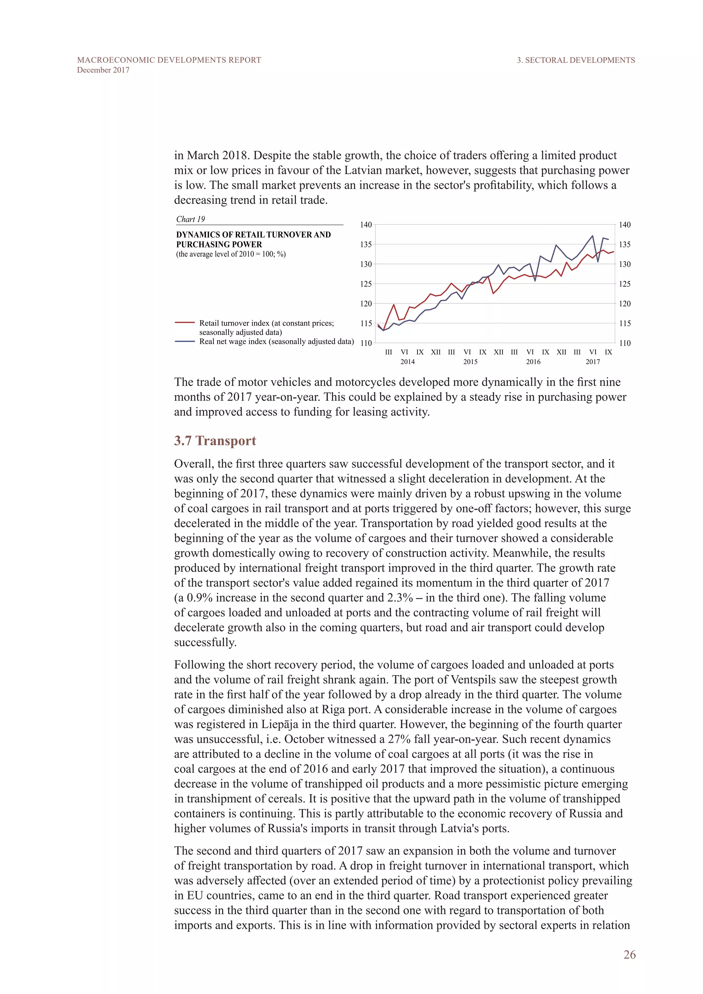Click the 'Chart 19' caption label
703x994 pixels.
(x=191, y=219)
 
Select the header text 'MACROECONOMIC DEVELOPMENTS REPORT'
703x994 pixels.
(x=169, y=60)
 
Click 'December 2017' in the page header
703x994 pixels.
(x=103, y=70)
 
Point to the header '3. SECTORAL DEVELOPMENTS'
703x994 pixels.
(x=576, y=60)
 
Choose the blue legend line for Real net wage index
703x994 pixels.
(x=185, y=341)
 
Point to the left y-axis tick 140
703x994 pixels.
(x=366, y=225)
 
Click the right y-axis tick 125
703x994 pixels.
(x=625, y=284)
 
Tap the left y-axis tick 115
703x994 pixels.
(x=366, y=323)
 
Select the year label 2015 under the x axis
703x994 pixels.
(x=470, y=362)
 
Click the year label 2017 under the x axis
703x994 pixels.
(x=592, y=362)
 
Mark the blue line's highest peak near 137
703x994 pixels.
(x=592, y=236)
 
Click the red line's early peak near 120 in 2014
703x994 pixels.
(x=393, y=305)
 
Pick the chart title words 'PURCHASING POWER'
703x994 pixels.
(x=219, y=244)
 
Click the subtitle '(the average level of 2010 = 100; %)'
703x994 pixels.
(x=231, y=254)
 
